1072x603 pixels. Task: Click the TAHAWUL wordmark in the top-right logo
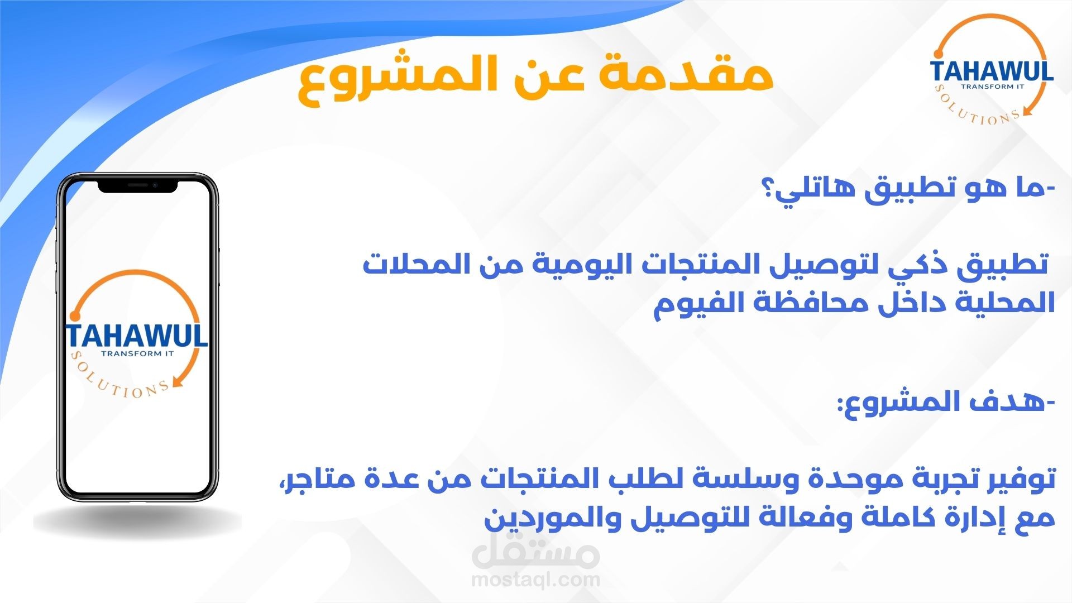(992, 71)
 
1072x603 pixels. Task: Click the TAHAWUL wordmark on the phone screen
(137, 336)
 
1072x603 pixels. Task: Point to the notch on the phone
(137, 186)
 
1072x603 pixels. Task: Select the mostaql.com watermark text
(535, 579)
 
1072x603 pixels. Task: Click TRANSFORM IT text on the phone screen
(137, 353)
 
